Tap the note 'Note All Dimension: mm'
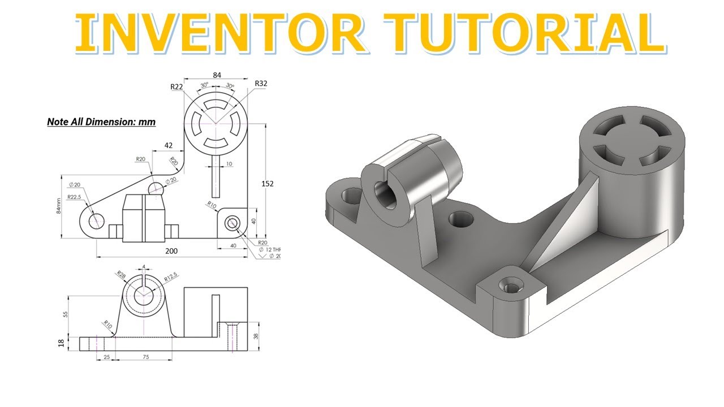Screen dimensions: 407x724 [101, 122]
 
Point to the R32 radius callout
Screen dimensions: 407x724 [261, 84]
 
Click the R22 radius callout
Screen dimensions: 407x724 [176, 86]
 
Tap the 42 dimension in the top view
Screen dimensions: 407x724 [168, 145]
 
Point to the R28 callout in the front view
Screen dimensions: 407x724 [121, 275]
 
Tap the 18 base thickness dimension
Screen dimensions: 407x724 [62, 343]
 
